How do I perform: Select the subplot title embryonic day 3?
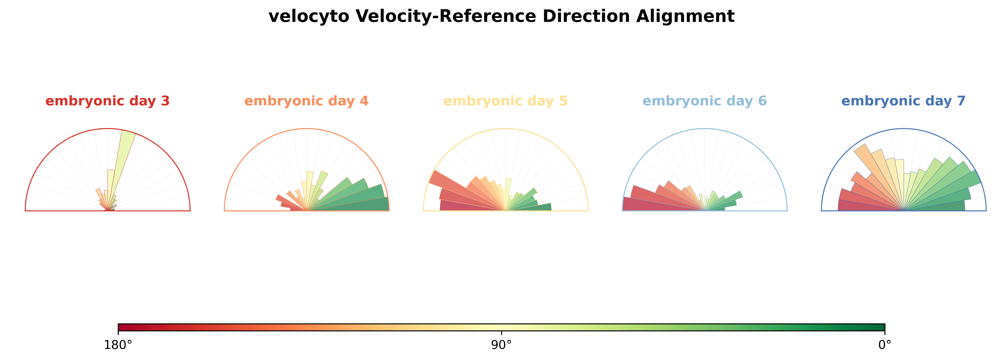(x=108, y=101)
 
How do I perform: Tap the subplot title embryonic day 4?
(x=306, y=101)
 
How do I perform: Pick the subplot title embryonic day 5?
(x=505, y=101)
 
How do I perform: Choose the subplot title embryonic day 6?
(x=705, y=101)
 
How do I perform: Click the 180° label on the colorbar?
(x=118, y=345)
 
